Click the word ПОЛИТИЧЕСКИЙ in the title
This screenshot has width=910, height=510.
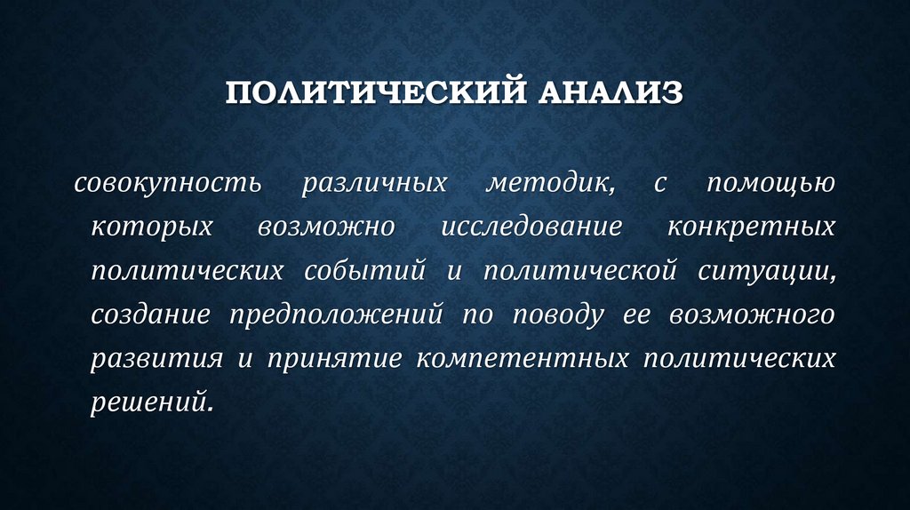367,92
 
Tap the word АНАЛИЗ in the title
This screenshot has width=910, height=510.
608,92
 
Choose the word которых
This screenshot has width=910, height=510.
152,227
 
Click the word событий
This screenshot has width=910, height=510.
378,271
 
